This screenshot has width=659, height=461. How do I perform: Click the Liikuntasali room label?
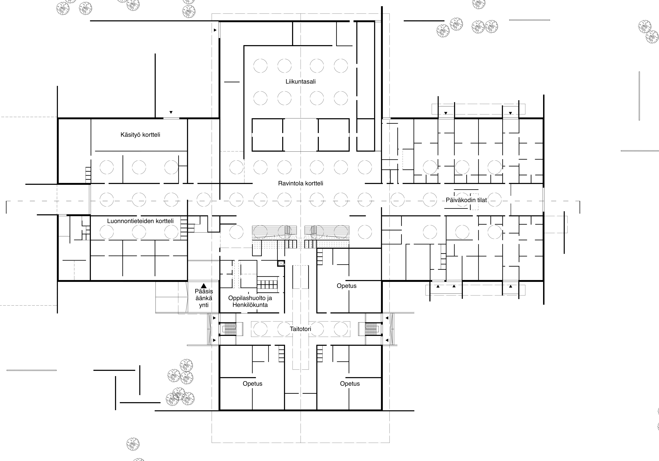301,82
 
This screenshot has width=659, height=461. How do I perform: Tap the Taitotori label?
301,329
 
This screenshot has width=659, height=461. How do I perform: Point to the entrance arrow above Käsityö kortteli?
171,112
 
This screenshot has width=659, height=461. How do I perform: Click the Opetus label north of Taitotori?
347,286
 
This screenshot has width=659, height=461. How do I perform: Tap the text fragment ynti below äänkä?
204,305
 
